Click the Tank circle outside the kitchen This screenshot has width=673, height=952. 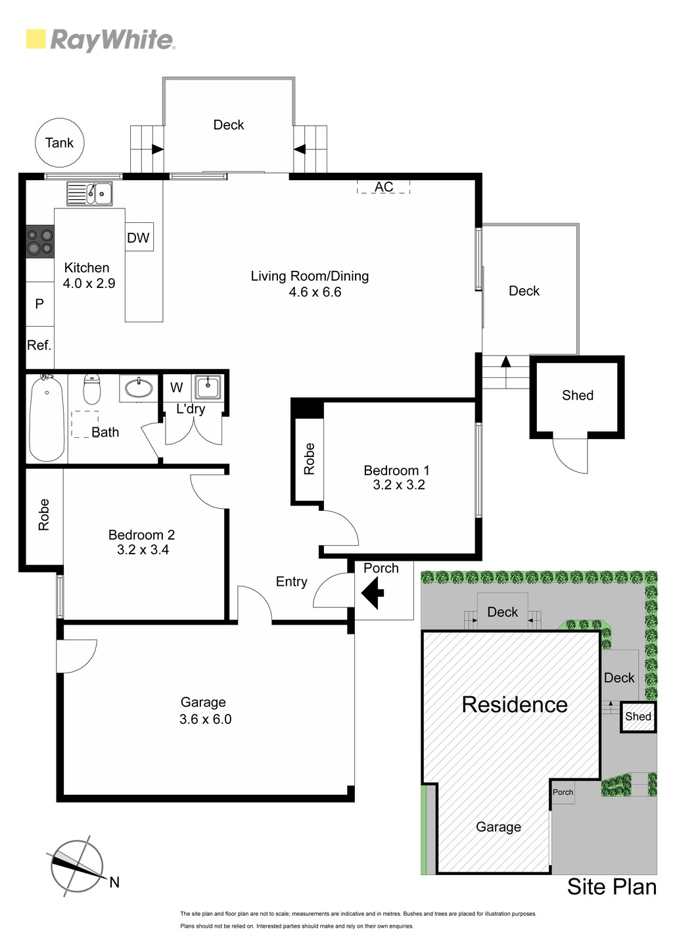(60, 143)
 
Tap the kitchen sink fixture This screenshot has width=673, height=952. (89, 193)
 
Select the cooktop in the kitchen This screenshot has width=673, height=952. (40, 241)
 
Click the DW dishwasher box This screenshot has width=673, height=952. (139, 237)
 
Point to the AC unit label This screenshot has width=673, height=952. (383, 187)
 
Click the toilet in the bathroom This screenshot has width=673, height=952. (91, 389)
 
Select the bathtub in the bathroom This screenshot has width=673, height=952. (47, 417)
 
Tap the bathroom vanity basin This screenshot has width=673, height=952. (139, 388)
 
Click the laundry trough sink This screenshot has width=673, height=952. (207, 387)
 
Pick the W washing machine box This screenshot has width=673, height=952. (177, 387)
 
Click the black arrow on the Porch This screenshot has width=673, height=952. (372, 592)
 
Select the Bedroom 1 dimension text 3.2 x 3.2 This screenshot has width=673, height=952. (398, 485)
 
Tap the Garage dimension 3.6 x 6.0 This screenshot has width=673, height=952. (205, 719)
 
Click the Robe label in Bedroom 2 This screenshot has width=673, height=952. (44, 515)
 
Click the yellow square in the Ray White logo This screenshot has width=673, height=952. (35, 39)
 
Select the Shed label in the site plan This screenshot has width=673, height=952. (638, 716)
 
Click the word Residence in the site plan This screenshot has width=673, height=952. (515, 705)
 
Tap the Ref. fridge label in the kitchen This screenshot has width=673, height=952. (39, 345)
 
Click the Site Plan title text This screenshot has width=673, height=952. (612, 886)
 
